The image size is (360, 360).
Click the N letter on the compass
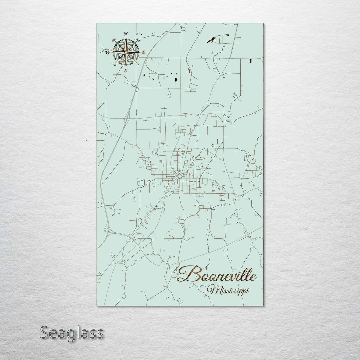(126, 34)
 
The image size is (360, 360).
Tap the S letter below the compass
(126, 70)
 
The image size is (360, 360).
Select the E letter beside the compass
(144, 52)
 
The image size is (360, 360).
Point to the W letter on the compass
(108, 52)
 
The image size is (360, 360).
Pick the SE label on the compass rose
(138, 64)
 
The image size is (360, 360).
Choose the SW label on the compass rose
(114, 64)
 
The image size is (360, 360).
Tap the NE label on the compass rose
(138, 40)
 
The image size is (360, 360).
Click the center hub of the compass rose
(126, 52)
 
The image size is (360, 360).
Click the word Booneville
(217, 275)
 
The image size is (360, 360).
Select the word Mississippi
(228, 290)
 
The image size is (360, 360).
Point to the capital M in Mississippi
(211, 289)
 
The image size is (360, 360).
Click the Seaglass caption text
(72, 333)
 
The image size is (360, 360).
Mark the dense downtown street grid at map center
(178, 175)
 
